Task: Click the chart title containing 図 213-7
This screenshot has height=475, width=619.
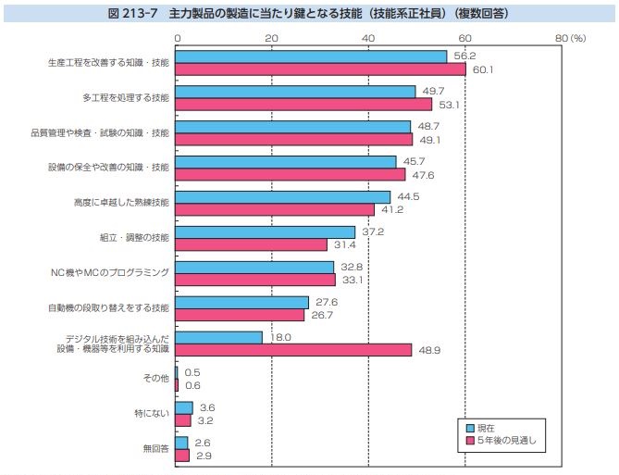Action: pyautogui.click(x=309, y=14)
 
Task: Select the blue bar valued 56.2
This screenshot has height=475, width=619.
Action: pyautogui.click(x=311, y=56)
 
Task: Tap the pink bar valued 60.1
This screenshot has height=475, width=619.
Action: pyautogui.click(x=320, y=69)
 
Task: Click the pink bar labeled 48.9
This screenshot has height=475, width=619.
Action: pyautogui.click(x=293, y=350)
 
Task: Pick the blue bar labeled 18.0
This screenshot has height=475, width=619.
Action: pyautogui.click(x=219, y=337)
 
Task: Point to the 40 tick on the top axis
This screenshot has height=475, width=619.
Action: pyautogui.click(x=368, y=38)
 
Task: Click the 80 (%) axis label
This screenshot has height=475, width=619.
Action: pyautogui.click(x=572, y=38)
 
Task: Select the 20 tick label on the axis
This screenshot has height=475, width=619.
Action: pyautogui.click(x=271, y=38)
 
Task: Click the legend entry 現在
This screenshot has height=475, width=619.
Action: pyautogui.click(x=485, y=429)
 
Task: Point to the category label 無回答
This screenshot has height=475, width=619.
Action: pyautogui.click(x=155, y=449)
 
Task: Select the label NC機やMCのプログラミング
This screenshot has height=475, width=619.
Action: pyautogui.click(x=110, y=273)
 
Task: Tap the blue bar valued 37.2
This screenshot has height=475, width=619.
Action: pyautogui.click(x=265, y=231)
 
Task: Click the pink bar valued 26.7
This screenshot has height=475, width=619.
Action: pyautogui.click(x=240, y=315)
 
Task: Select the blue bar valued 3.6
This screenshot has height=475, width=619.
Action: pyautogui.click(x=184, y=407)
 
